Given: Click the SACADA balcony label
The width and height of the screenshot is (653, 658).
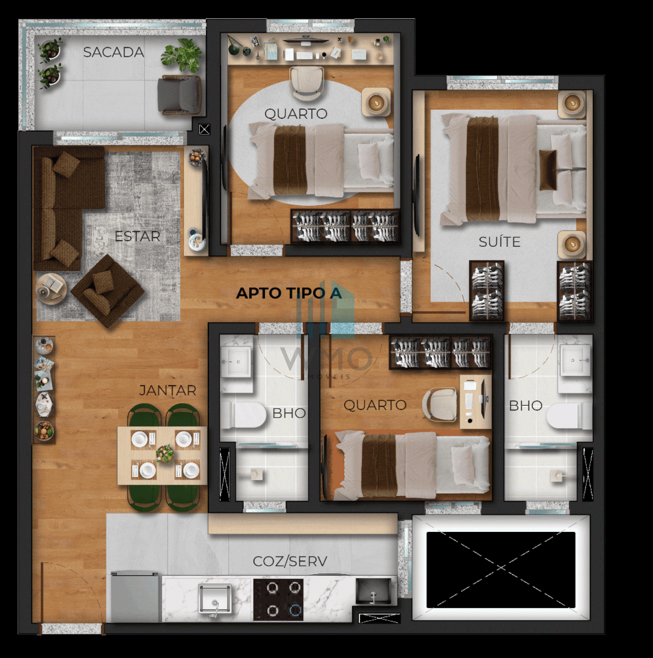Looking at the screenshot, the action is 113,52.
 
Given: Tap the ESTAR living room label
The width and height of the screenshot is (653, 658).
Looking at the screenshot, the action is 137,236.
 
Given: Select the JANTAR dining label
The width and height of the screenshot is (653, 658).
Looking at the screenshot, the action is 168,390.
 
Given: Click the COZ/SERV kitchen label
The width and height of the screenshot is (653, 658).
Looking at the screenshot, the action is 290,561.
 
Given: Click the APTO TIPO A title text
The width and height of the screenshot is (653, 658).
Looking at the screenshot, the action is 289,293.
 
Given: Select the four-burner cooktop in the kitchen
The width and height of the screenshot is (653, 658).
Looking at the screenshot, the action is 278,600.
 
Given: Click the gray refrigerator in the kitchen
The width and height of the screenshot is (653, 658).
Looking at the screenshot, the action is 135,597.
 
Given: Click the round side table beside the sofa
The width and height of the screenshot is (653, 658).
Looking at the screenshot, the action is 51,289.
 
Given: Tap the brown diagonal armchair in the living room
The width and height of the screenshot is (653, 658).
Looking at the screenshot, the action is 107,291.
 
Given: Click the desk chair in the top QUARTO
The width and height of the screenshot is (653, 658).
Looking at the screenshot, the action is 306,84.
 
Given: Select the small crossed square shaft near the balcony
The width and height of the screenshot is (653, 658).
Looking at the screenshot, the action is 204,130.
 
